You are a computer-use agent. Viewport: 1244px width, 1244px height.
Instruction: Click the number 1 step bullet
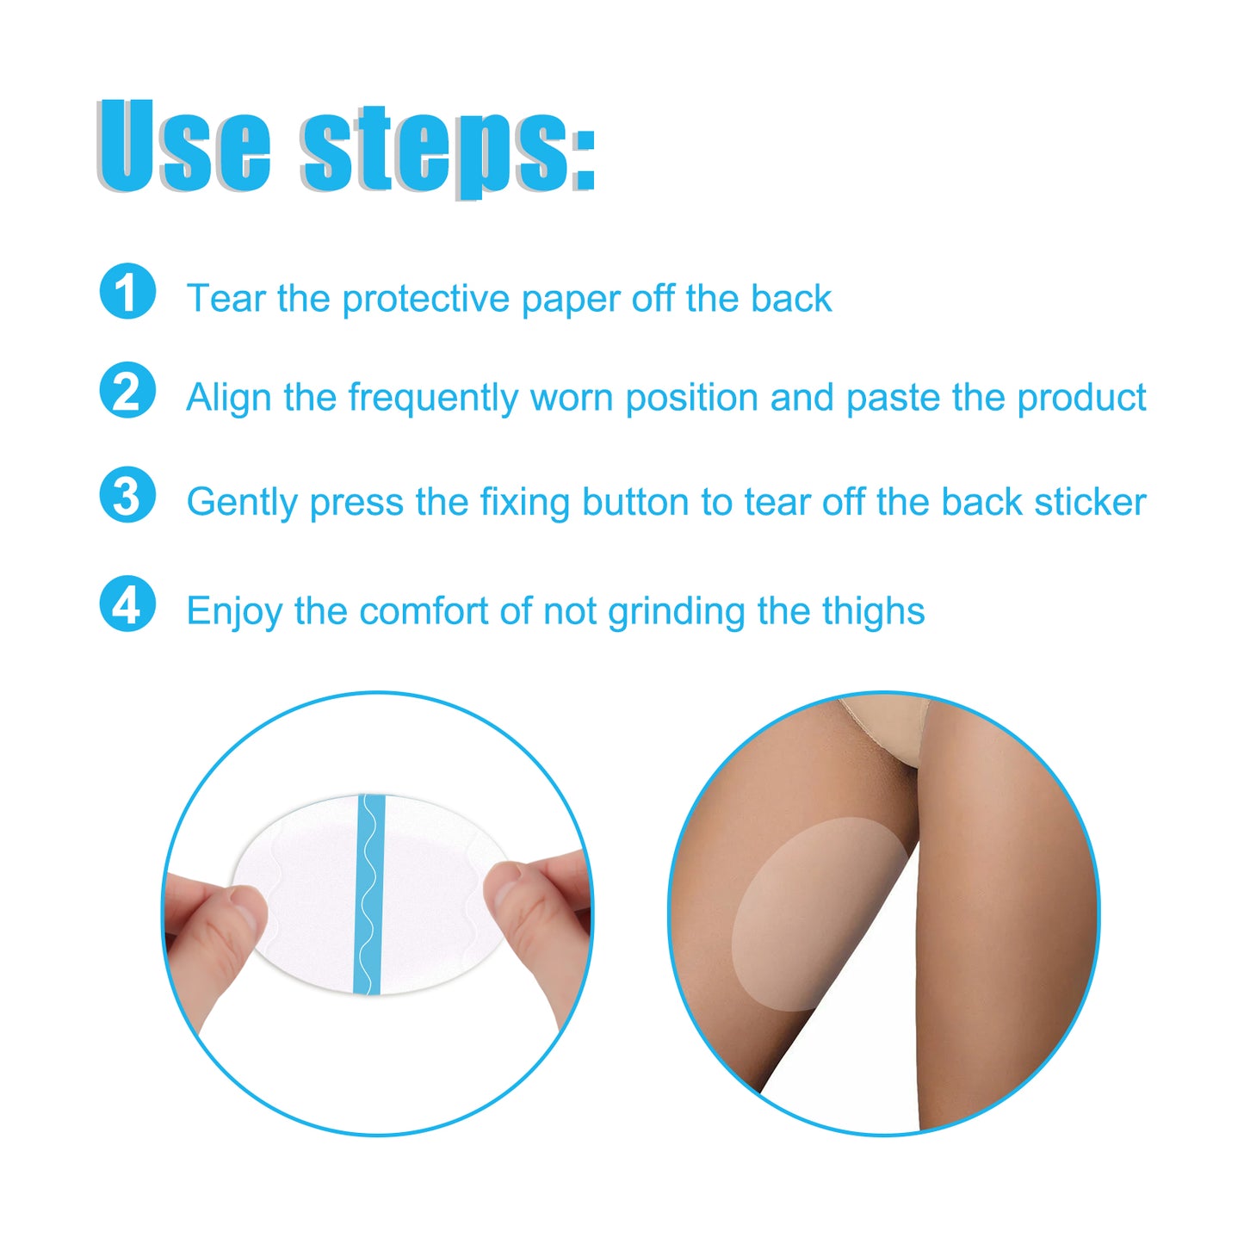coord(127,292)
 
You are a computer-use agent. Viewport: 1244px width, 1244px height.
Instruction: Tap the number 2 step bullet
coord(127,391)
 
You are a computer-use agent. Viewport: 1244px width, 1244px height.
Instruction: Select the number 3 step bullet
coord(127,495)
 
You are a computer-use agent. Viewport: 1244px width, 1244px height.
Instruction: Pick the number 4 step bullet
coord(127,604)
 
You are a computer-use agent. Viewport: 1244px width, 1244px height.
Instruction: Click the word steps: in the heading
coord(448,148)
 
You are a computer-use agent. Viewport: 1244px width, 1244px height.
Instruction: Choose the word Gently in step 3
coord(242,503)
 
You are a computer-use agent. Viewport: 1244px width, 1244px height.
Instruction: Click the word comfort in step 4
coord(424,611)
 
